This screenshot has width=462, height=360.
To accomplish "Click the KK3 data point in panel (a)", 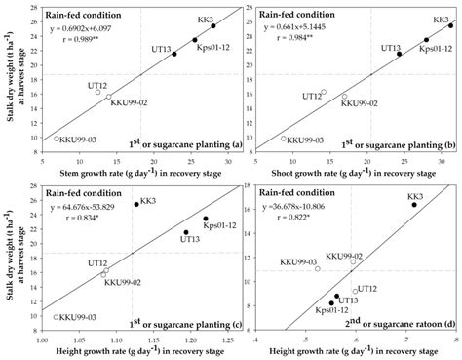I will pos(212,25).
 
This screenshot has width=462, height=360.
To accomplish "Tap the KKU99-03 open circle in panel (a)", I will pos(56,140).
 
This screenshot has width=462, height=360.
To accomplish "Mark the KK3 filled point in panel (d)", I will pos(413,205).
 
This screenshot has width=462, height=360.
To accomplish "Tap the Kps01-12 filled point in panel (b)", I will pos(426,39).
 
